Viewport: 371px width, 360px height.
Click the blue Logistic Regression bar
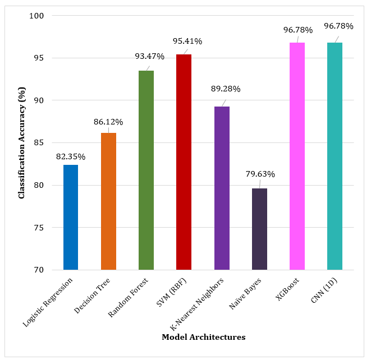[71, 217]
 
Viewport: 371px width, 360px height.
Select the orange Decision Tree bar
[108, 201]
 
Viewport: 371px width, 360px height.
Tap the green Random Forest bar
[146, 170]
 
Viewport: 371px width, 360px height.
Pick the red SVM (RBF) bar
[184, 162]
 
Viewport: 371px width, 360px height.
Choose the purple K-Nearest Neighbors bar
[222, 188]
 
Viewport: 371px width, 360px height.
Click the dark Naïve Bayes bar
[259, 229]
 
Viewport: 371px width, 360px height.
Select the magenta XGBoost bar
[297, 156]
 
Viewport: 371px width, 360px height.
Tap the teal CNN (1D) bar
[335, 156]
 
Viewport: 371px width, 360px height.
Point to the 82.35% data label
[71, 156]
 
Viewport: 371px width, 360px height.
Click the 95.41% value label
[187, 41]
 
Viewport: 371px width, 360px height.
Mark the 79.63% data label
[260, 174]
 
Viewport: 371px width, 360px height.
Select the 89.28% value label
[226, 89]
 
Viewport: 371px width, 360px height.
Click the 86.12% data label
[108, 122]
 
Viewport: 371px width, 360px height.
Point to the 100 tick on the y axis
[36, 16]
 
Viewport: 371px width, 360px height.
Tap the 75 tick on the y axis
[39, 228]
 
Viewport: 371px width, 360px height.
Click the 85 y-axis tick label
[39, 143]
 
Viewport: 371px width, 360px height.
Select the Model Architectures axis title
[204, 337]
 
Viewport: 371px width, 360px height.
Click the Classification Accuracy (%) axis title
[21, 143]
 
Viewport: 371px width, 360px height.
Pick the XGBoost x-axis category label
[287, 289]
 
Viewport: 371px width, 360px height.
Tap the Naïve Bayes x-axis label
[245, 293]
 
